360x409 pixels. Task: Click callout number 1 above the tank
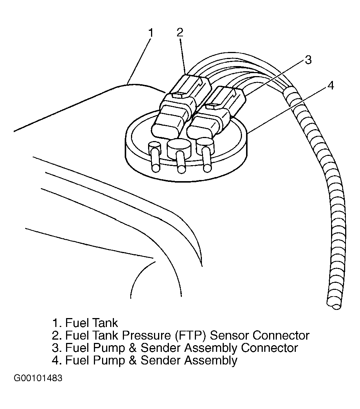point(150,33)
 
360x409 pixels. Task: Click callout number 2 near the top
point(180,32)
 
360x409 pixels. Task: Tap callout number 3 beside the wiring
point(308,60)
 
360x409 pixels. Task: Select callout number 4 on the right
point(331,86)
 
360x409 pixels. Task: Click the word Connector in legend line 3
point(269,348)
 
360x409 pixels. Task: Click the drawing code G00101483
point(38,379)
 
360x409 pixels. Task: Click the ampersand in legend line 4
point(132,360)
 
